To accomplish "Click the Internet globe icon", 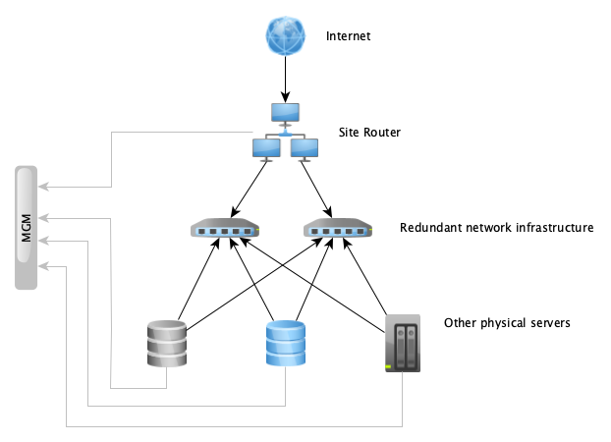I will (285, 37).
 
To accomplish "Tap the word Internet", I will (349, 37).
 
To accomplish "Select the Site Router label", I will (369, 132).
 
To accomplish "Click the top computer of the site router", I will (286, 113).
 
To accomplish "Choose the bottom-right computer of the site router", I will (305, 148).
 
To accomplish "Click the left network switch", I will (225, 231).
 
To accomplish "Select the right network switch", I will (339, 231).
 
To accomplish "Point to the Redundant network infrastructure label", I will (496, 228).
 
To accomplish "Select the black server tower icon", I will (403, 343).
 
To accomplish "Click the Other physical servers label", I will (507, 322).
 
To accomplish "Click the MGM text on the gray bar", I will (28, 228).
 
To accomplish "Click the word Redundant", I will (430, 228).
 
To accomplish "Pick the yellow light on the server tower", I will (389, 367).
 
